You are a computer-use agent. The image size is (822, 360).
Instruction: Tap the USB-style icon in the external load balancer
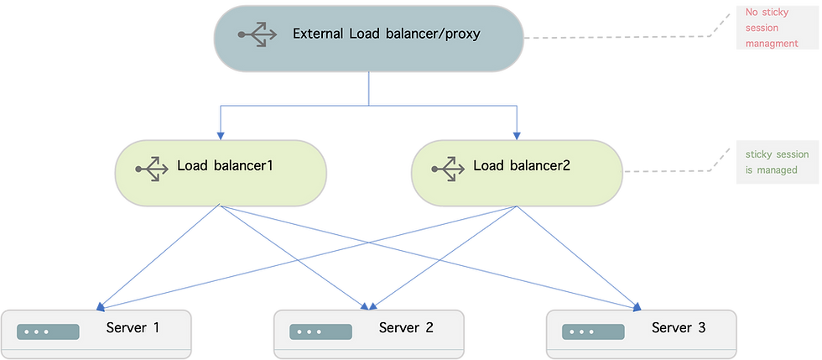point(257,35)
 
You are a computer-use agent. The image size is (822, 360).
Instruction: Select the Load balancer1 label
point(226,165)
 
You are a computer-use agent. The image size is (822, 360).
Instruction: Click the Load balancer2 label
point(522,165)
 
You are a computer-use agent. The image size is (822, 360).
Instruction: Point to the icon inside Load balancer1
point(153,166)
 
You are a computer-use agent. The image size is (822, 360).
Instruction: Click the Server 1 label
point(133,327)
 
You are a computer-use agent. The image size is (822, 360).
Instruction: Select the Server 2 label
point(406,327)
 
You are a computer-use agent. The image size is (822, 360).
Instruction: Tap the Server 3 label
point(679,327)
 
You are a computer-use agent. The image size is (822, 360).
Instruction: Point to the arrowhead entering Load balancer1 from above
point(221,133)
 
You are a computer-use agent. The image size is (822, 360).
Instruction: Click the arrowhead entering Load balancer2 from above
point(517,133)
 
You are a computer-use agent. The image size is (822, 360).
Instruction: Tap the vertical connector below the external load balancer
point(368,89)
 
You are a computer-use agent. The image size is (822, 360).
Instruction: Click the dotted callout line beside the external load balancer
point(621,37)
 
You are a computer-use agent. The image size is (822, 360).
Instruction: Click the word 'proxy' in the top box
point(460,34)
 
